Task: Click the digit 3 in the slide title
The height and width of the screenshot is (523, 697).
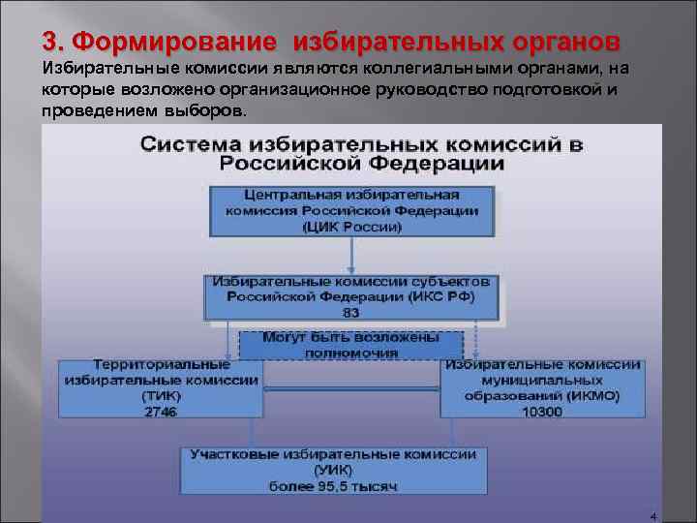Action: click(x=49, y=43)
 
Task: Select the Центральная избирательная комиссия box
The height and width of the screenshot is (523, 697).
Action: click(x=351, y=210)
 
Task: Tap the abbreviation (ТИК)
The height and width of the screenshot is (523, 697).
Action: click(x=161, y=396)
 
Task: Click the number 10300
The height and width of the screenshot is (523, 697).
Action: click(x=542, y=411)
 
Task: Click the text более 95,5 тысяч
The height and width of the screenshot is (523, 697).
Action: click(x=333, y=483)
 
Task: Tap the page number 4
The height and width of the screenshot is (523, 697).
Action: click(x=653, y=516)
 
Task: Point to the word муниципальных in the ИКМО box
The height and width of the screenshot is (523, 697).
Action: click(x=542, y=382)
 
